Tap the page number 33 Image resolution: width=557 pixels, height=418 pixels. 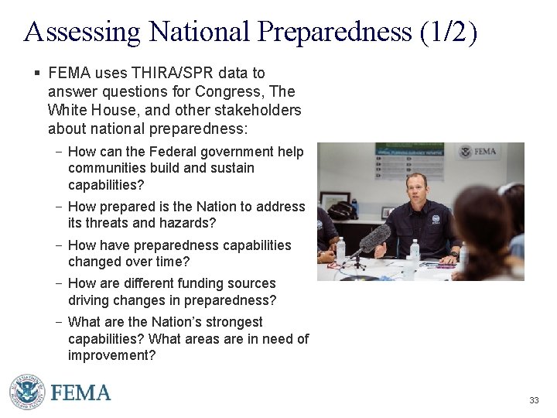point(534,400)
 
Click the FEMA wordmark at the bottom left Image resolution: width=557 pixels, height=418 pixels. point(80,392)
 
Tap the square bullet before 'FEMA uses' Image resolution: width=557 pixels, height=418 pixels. point(36,73)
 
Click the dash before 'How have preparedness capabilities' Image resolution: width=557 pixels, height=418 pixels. point(60,245)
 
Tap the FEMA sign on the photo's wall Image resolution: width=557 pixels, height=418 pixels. point(478,151)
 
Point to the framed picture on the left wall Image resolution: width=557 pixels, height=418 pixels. point(335,203)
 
